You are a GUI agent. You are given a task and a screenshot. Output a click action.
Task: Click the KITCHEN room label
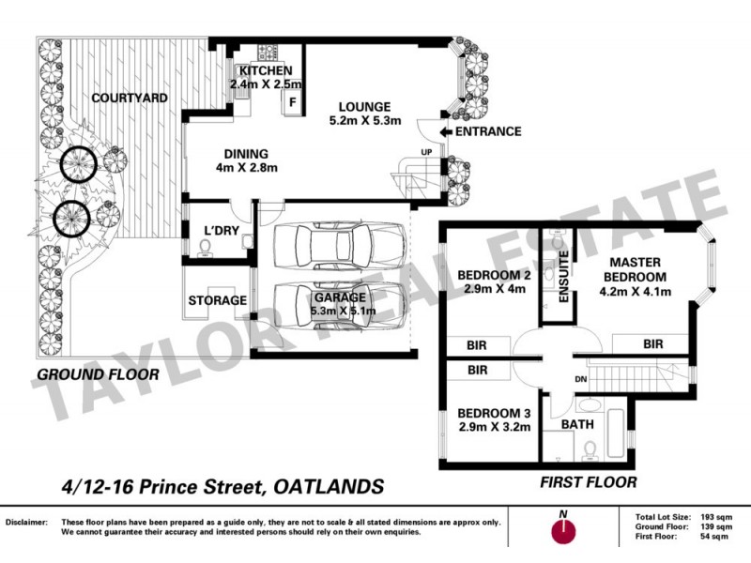[x=265, y=71]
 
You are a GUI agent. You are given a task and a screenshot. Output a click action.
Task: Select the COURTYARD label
[x=130, y=98]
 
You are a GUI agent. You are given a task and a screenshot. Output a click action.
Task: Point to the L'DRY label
[x=222, y=231]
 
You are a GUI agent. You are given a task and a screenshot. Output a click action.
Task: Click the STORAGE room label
[x=217, y=300]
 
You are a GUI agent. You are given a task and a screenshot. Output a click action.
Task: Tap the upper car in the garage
[x=339, y=248]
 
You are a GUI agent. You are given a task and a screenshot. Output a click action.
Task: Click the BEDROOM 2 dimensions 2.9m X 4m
[x=491, y=289]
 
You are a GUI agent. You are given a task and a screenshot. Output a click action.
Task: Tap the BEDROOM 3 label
[x=494, y=413]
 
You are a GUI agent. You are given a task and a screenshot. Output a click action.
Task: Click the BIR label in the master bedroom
[x=653, y=345]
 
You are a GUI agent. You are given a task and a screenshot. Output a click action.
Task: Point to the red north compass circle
[x=562, y=530]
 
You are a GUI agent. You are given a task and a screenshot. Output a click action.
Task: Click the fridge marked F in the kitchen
[x=292, y=102]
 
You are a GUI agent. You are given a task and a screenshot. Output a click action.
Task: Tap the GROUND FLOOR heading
[x=98, y=375]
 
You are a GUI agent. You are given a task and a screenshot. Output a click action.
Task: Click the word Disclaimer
[x=27, y=522]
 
